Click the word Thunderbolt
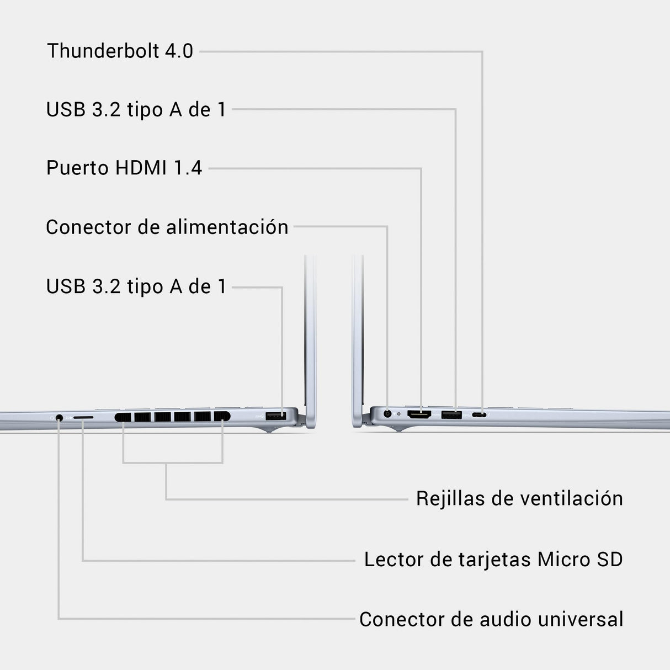[x=103, y=51]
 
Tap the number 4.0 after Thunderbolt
[x=179, y=51]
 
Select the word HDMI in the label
[x=141, y=168]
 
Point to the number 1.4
[x=188, y=168]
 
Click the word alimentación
[x=227, y=227]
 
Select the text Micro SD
[x=580, y=560]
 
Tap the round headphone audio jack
[x=59, y=417]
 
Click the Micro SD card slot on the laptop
[x=83, y=417]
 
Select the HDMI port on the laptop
[x=419, y=414]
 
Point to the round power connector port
[x=387, y=414]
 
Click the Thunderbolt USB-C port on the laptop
[x=479, y=415]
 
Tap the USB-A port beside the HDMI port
[x=451, y=415]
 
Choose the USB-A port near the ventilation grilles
[x=276, y=416]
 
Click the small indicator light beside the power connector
[x=399, y=414]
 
